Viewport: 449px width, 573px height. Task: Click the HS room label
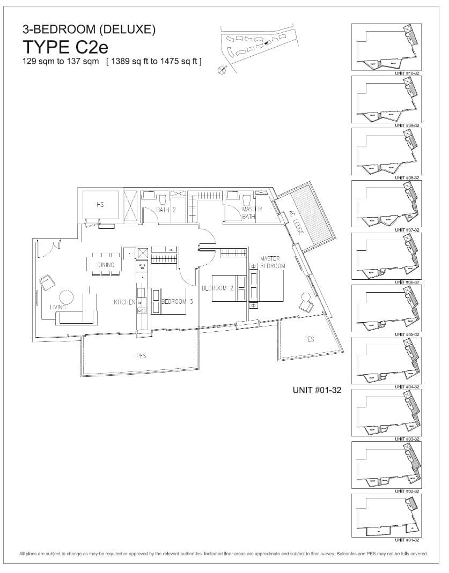100,205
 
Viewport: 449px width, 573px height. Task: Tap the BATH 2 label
166,210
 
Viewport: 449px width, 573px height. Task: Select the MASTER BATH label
252,213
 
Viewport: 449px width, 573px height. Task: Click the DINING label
106,265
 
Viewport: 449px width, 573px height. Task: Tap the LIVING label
58,307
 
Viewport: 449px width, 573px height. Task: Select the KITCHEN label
124,303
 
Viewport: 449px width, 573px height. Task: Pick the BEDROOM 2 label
216,288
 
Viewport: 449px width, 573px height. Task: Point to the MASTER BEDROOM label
273,262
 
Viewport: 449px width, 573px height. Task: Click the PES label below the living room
142,355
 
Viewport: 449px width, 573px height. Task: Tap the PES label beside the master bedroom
308,339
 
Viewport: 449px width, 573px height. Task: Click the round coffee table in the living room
67,298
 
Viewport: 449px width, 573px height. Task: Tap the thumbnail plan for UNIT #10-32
386,47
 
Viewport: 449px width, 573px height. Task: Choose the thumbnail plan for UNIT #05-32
386,308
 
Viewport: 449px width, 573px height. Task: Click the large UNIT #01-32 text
317,390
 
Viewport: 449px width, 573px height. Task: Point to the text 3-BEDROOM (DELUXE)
89,31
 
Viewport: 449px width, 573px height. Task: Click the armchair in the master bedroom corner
306,303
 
